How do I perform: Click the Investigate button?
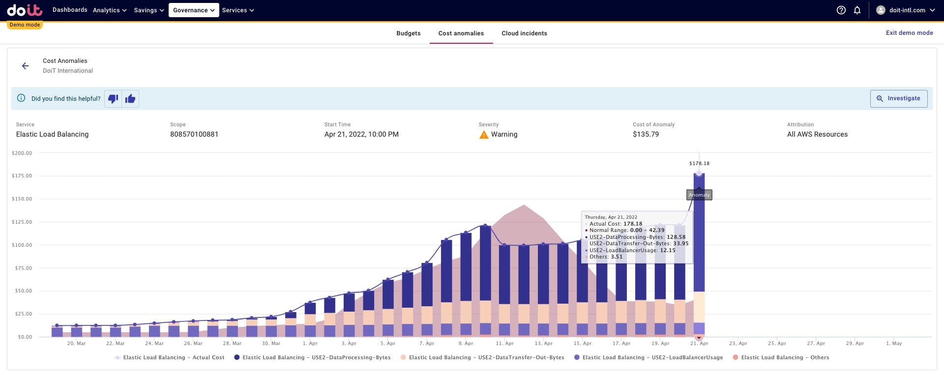coord(898,98)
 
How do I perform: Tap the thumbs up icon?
coord(130,99)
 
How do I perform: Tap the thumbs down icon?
coord(113,99)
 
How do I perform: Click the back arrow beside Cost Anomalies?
coord(26,66)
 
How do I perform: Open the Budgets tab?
coord(408,33)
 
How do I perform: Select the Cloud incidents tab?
coord(524,33)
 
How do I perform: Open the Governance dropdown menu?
coord(194,10)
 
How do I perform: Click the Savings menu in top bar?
coord(148,10)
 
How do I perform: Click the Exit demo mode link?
coord(909,33)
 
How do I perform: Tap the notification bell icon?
coord(857,10)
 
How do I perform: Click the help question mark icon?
coord(841,10)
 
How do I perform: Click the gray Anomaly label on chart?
coord(699,195)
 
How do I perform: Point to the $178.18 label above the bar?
coord(699,164)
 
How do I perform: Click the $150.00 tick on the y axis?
coord(22,199)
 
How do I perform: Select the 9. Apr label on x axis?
coord(466,344)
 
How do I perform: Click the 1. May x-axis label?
coord(893,344)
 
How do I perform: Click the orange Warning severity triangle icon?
coord(484,135)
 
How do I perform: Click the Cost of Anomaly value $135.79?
coord(646,134)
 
